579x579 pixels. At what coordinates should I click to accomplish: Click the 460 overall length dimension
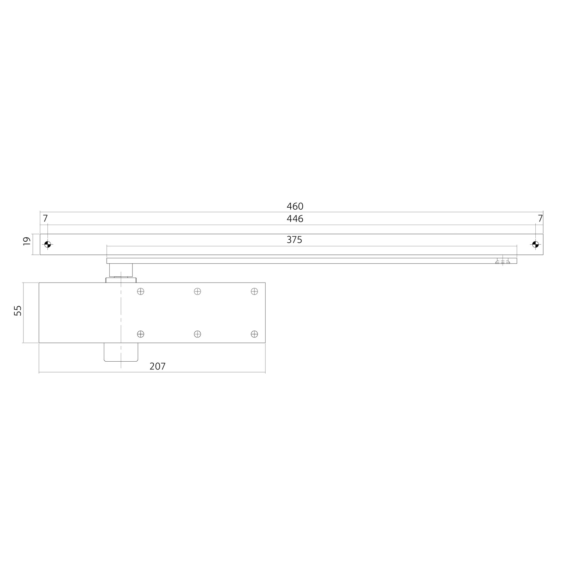[x=295, y=207]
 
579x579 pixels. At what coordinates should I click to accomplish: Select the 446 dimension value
[x=295, y=219]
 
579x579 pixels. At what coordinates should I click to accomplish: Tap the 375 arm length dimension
[x=295, y=240]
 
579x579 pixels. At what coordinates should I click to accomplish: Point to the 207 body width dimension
[x=157, y=366]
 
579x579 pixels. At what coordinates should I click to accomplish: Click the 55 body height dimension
[x=18, y=310]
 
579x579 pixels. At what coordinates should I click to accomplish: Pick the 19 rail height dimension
[x=27, y=241]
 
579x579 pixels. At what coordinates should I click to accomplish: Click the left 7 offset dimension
[x=45, y=218]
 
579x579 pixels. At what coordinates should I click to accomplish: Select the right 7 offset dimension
[x=540, y=218]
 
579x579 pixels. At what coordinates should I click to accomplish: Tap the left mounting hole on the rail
[x=47, y=244]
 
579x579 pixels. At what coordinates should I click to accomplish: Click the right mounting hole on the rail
[x=535, y=244]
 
